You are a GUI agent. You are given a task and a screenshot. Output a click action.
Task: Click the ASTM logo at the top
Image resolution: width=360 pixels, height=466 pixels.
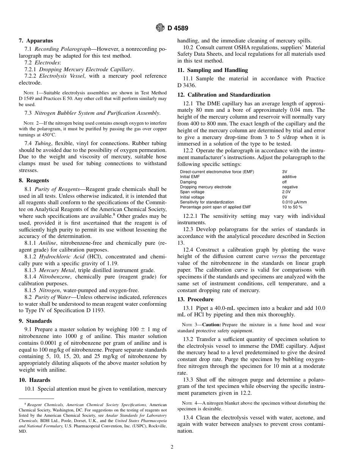pos(160,28)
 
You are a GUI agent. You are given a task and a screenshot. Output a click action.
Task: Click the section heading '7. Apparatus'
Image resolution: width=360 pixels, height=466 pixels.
pos(36,41)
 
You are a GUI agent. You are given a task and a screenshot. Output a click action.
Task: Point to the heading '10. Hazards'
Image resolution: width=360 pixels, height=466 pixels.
pos(34,380)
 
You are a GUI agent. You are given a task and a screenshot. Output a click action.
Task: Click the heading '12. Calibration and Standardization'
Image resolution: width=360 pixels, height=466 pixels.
pos(224,95)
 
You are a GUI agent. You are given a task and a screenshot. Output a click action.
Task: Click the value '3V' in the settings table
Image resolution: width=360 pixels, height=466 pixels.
pos(285,172)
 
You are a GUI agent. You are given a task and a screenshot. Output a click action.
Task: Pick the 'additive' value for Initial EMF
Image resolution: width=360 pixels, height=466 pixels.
pos(289,177)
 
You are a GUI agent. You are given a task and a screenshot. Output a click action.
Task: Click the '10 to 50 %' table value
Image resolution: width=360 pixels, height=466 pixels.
pos(292,207)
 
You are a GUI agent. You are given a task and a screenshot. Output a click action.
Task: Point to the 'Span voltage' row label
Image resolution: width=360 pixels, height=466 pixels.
pos(192,192)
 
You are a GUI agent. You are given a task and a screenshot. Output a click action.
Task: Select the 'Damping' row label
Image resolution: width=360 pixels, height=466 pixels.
pos(188,182)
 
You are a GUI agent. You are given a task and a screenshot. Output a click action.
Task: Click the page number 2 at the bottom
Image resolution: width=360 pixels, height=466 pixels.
pos(172,447)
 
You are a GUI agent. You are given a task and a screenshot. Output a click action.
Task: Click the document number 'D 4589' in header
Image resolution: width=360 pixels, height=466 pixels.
pos(178,28)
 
